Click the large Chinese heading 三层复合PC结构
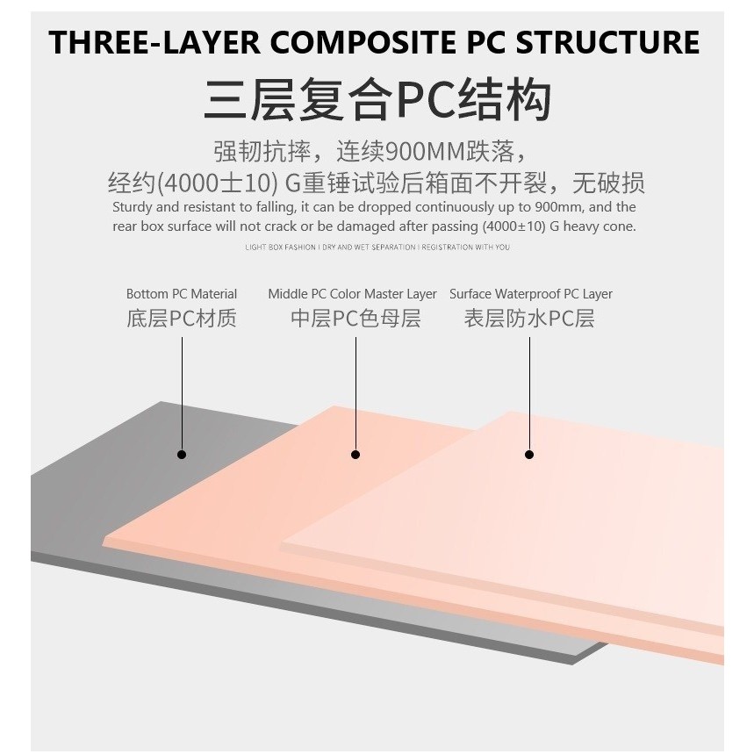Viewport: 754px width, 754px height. (x=377, y=100)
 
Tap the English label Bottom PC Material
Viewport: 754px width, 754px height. (x=182, y=294)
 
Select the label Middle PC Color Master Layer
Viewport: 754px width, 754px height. (x=352, y=294)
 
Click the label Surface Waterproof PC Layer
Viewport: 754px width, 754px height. (x=531, y=294)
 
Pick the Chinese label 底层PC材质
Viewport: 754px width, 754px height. (x=182, y=319)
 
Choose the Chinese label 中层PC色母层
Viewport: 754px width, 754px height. (x=355, y=319)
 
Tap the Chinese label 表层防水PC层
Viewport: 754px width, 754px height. (x=529, y=319)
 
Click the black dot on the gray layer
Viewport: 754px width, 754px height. (x=182, y=455)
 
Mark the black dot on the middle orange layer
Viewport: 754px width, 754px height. (x=355, y=455)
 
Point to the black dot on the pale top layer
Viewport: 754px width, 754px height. (x=529, y=455)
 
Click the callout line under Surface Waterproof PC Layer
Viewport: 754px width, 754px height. (x=529, y=395)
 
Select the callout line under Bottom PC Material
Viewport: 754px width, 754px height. (x=182, y=395)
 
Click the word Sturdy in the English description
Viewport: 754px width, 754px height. (x=132, y=208)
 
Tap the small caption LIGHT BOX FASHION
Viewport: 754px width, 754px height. (x=281, y=248)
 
